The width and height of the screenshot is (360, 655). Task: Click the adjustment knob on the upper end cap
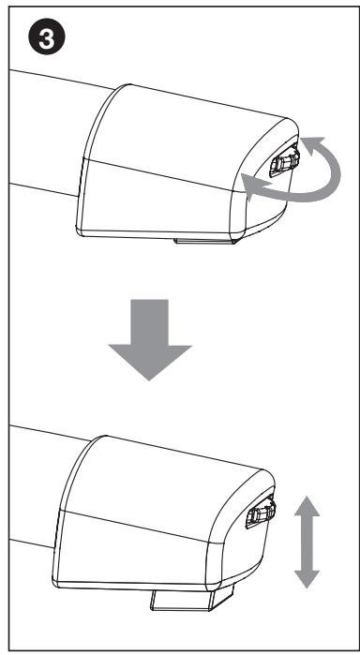(281, 164)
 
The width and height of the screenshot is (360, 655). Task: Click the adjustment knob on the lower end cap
(261, 514)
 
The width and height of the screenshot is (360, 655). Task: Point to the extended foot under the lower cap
(188, 596)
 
